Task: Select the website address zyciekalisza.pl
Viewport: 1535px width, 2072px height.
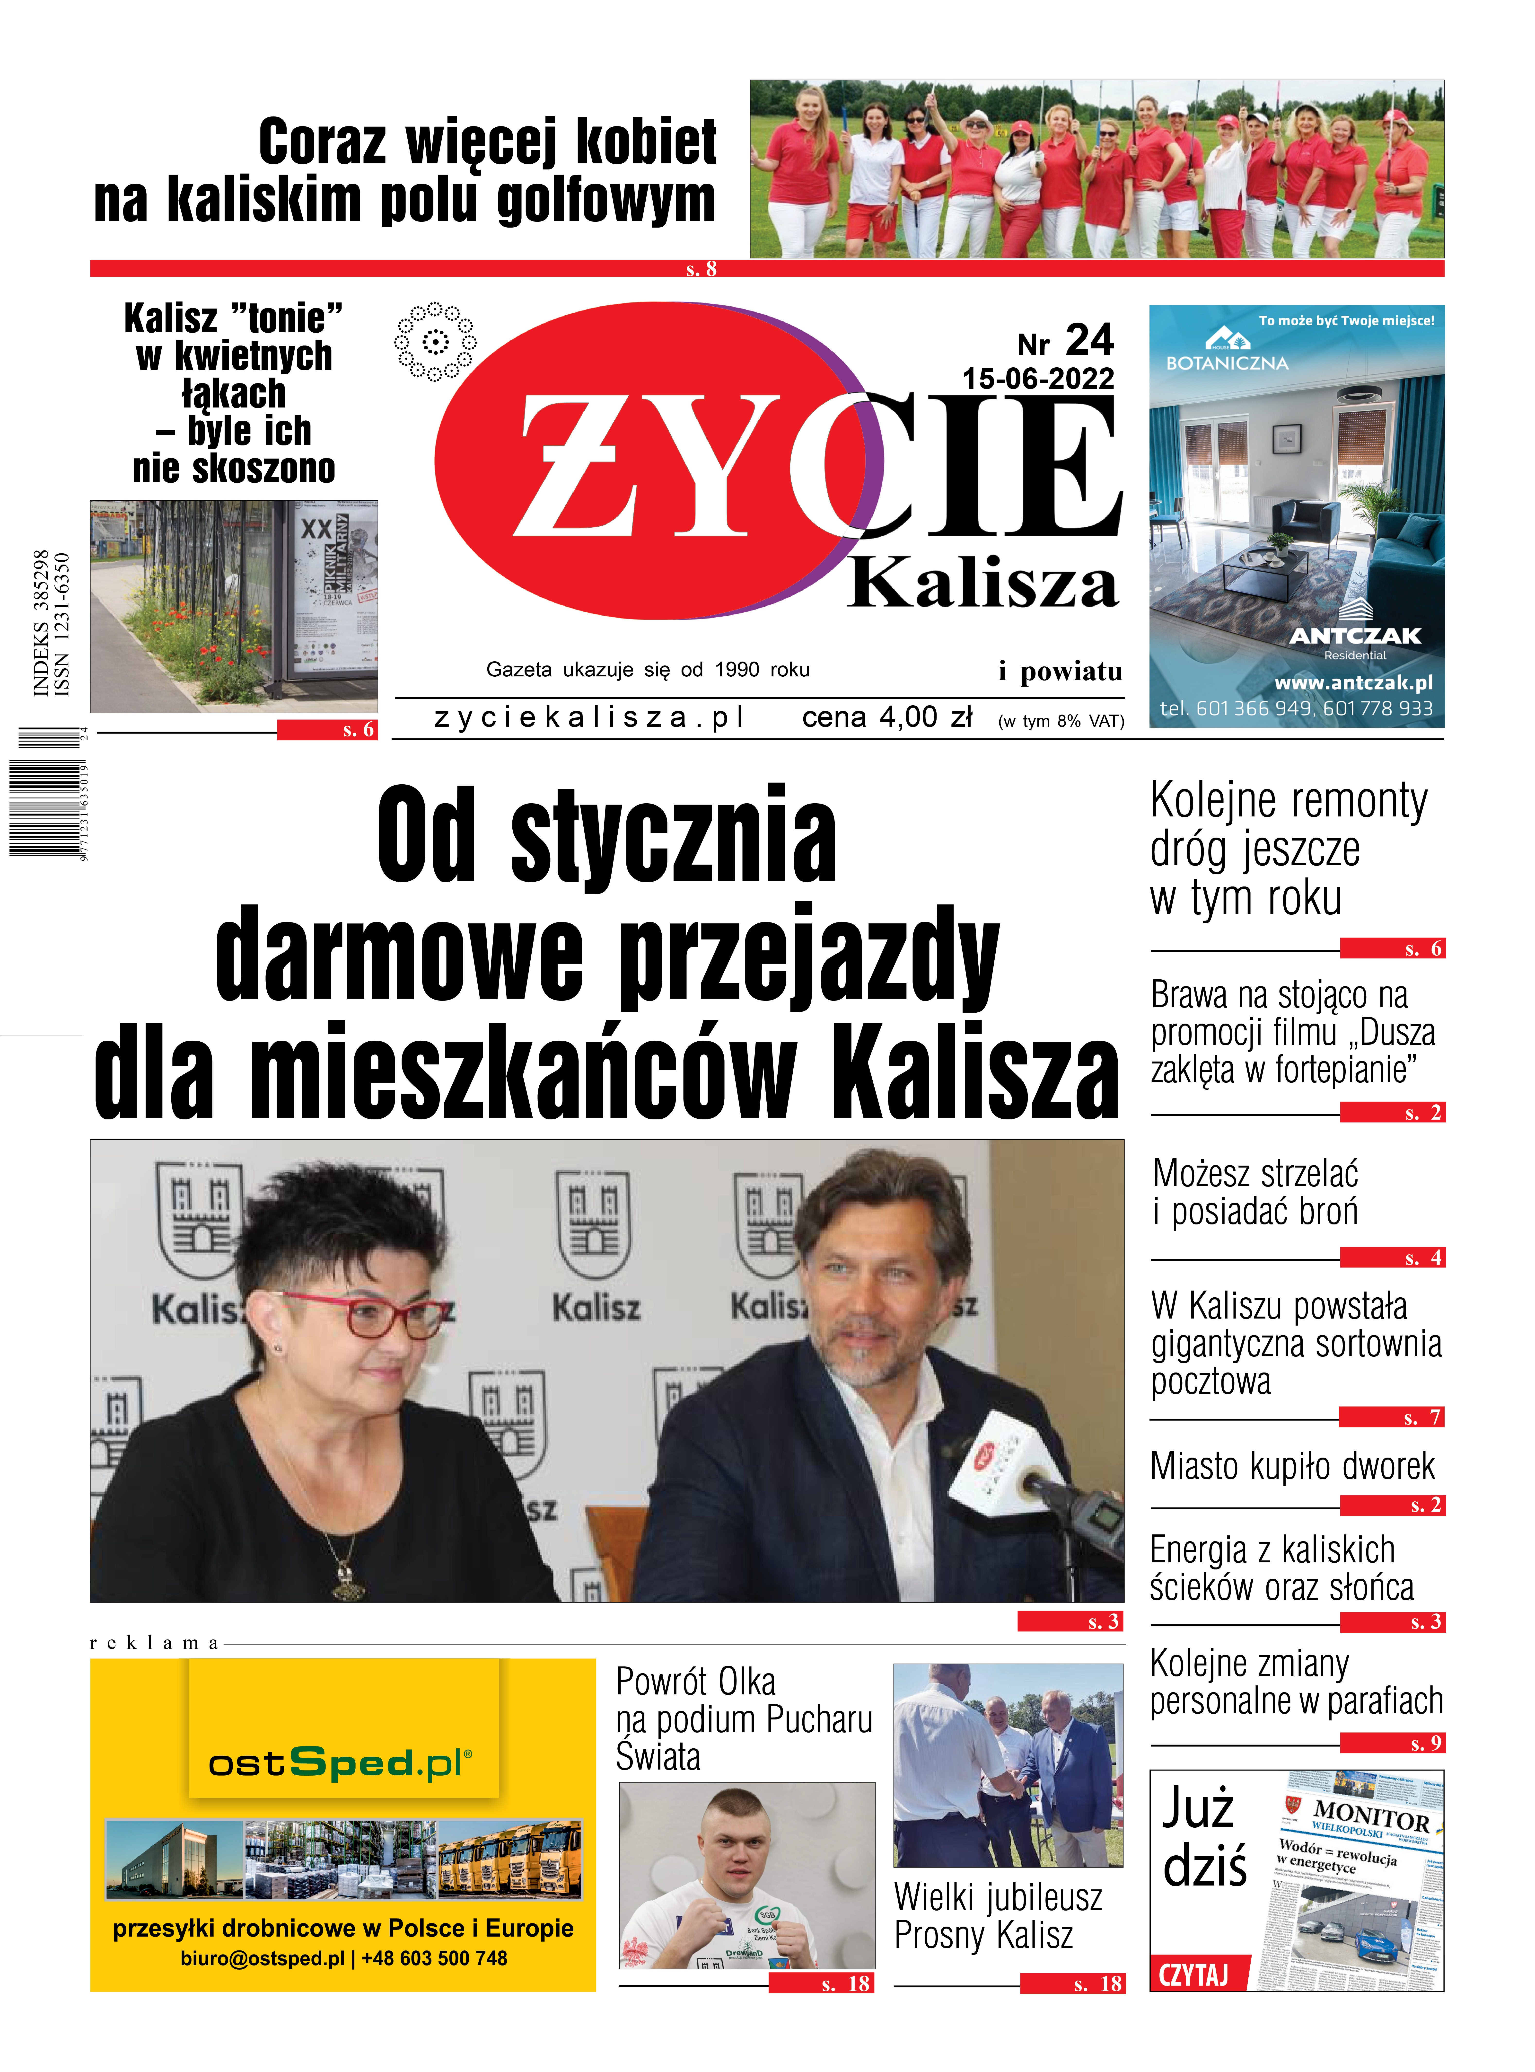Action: [589, 717]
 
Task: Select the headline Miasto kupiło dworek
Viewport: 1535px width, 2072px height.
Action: [1291, 1466]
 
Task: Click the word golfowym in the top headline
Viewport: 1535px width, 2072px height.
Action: [606, 200]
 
